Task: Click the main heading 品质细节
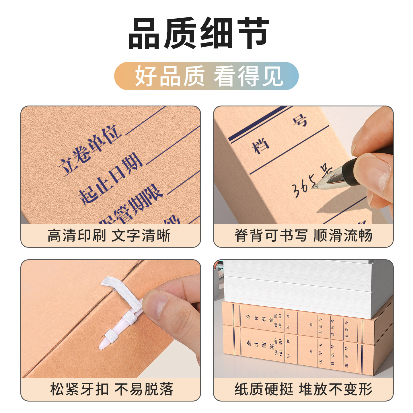198,34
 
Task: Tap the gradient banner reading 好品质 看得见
206,76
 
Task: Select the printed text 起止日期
110,179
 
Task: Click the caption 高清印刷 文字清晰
109,235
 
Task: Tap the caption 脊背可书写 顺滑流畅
303,235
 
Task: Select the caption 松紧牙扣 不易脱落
112,389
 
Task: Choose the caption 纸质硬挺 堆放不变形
303,389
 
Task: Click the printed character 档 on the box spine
260,146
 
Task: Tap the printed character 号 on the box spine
300,120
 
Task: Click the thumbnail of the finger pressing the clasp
156,304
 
